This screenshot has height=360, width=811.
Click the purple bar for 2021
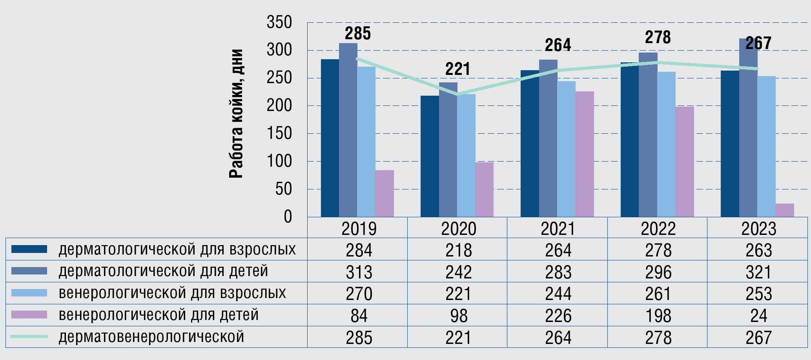click(585, 154)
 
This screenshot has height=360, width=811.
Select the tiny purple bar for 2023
click(785, 210)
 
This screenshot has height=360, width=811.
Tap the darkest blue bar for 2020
click(430, 156)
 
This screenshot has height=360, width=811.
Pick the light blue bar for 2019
click(366, 142)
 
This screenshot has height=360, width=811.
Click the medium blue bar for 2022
click(648, 135)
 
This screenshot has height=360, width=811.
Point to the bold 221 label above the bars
click(457, 69)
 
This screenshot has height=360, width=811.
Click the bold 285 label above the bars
click(357, 34)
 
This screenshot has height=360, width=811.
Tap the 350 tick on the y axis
click(279, 22)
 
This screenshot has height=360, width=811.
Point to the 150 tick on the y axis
click(279, 134)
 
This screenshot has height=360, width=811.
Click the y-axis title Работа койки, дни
click(236, 114)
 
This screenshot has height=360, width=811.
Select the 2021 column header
click(558, 229)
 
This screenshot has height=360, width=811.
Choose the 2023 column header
click(758, 229)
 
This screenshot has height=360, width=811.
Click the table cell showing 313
click(359, 272)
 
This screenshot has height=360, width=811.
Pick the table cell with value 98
click(459, 315)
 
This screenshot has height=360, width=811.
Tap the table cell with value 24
click(758, 315)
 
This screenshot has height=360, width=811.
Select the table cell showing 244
click(558, 294)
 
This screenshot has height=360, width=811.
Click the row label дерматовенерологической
click(151, 337)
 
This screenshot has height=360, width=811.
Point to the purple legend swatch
click(29, 315)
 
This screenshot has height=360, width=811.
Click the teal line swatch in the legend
click(29, 336)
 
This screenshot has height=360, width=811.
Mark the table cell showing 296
click(658, 272)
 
